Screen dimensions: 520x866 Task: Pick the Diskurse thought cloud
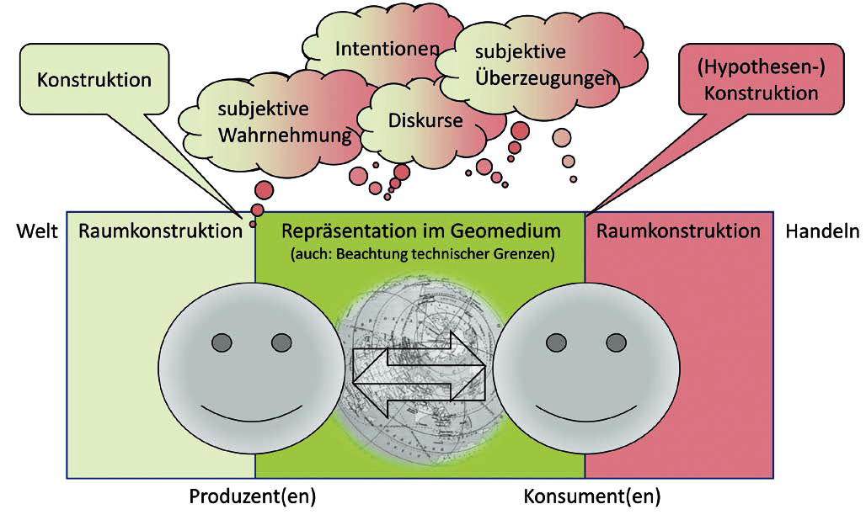(x=425, y=120)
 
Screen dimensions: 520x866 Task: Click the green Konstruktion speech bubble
(x=95, y=81)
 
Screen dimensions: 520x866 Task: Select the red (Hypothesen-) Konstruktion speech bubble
(x=762, y=82)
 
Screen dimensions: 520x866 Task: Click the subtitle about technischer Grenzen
(x=420, y=252)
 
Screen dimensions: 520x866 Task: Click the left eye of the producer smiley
(x=221, y=342)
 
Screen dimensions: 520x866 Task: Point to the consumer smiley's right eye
(x=615, y=342)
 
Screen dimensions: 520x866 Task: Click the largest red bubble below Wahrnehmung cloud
(x=263, y=188)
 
